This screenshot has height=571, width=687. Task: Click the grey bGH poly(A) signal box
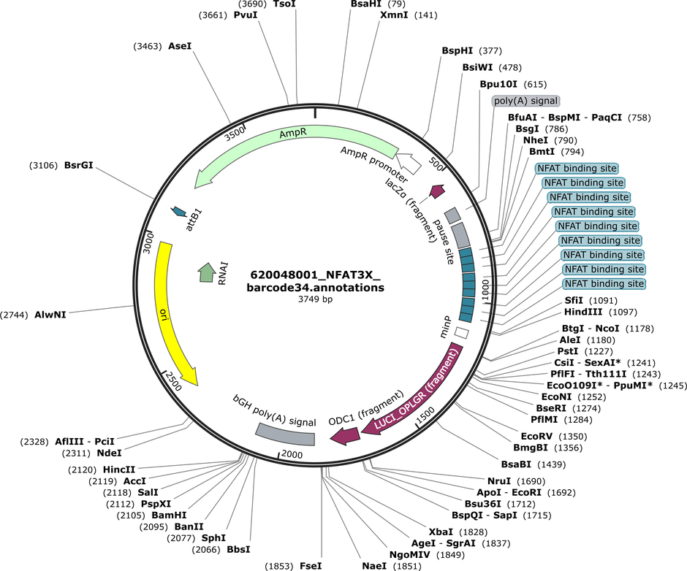(x=286, y=435)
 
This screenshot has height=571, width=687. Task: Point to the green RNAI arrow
(x=206, y=272)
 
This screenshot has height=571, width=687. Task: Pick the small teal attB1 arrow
(x=178, y=211)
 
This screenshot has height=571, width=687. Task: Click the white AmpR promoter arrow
(x=410, y=163)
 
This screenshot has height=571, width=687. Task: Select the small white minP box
(x=461, y=332)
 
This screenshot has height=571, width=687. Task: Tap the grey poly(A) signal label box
(x=525, y=101)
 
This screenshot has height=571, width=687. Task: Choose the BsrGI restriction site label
(x=79, y=165)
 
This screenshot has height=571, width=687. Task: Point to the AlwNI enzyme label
(x=50, y=315)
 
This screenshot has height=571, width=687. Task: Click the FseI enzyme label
(x=311, y=566)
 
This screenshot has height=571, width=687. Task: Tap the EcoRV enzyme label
(x=536, y=436)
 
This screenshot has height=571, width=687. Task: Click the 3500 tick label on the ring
(x=235, y=133)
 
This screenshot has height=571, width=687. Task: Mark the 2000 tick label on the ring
(x=292, y=454)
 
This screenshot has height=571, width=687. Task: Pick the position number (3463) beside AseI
(x=148, y=46)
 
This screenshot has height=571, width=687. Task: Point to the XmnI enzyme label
(x=394, y=15)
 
